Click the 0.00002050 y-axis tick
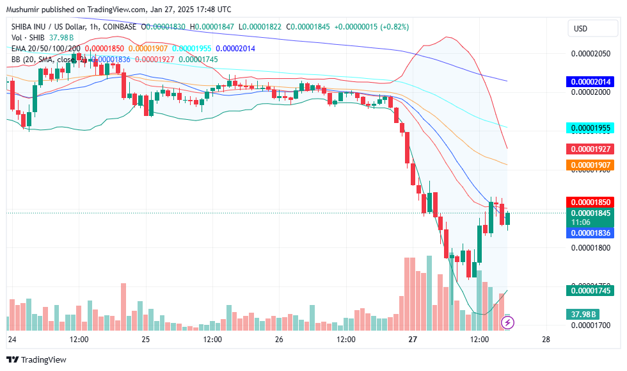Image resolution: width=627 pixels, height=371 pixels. [591, 54]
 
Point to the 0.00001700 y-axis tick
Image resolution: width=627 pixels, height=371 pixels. [591, 326]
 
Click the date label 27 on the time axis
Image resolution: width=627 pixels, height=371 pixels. [413, 339]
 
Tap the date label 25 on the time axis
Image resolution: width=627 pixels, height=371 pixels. [146, 339]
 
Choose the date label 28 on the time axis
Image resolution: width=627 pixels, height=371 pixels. [546, 339]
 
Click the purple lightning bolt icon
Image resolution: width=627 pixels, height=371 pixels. [507, 322]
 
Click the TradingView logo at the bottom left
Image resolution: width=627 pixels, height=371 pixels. [36, 360]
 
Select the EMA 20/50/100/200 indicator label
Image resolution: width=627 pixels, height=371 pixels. [46, 48]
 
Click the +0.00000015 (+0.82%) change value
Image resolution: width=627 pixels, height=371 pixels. [365, 27]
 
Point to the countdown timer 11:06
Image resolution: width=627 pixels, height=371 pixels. [581, 222]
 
